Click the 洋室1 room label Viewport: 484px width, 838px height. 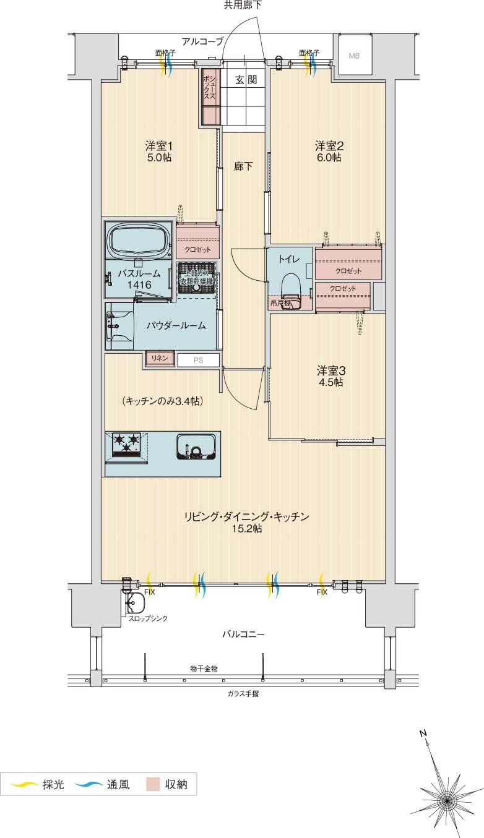tap(158, 146)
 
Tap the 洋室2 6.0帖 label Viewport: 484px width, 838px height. tap(329, 152)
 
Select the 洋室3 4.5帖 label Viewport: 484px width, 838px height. tap(331, 376)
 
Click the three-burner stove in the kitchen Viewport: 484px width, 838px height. tap(127, 444)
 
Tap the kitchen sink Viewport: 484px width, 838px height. tap(196, 446)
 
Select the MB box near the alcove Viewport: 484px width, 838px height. tap(353, 56)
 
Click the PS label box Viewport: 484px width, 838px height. tap(198, 359)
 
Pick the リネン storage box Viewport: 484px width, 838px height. tap(160, 358)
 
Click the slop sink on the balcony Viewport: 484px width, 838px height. tap(134, 602)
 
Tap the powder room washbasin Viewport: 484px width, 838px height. tap(119, 323)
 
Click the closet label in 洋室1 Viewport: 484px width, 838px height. tap(197, 250)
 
